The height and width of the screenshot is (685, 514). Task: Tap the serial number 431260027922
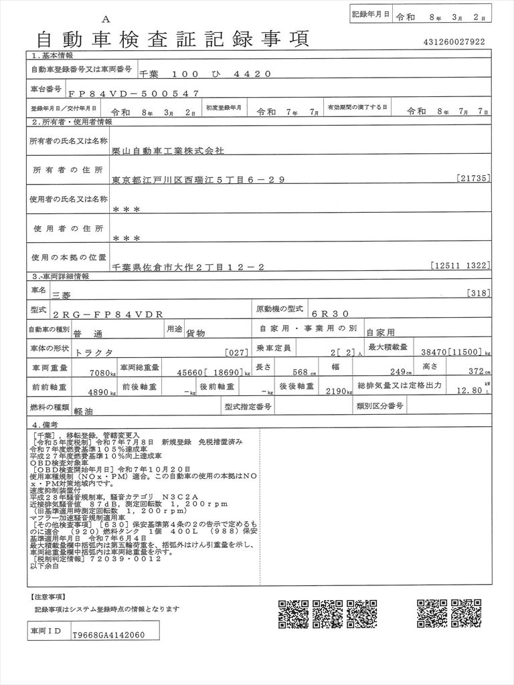(454, 42)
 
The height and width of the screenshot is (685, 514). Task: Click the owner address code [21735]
(476, 179)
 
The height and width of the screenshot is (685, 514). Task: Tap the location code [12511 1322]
(461, 266)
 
